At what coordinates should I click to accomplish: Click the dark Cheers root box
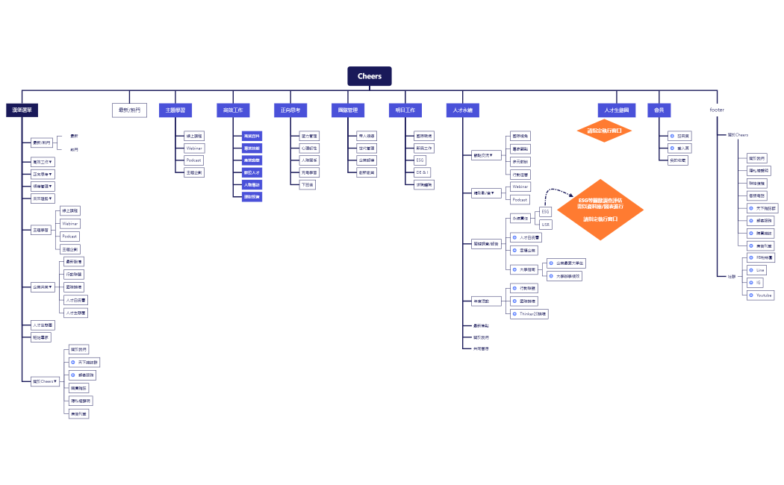tap(370, 76)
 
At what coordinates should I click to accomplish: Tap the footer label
tap(717, 110)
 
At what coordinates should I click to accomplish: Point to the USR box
tap(545, 224)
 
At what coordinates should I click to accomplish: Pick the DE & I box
tap(422, 172)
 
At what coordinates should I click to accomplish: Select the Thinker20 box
tap(529, 314)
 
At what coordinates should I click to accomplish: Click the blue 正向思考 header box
tap(290, 110)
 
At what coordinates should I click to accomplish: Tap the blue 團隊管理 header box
tap(348, 110)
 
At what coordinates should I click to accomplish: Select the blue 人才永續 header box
tap(463, 110)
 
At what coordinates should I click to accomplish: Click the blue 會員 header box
tap(659, 110)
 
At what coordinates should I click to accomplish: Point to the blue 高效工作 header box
tap(233, 110)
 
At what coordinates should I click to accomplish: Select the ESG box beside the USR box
tap(545, 212)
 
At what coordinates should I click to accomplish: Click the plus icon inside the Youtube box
tap(751, 295)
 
